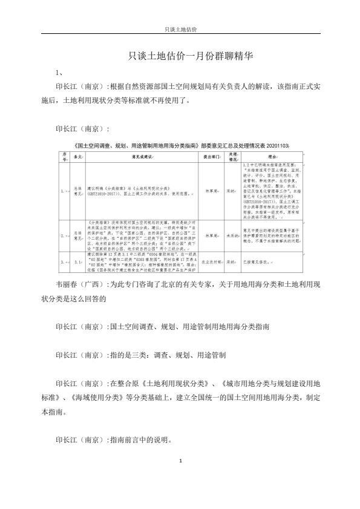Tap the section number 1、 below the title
(x=59, y=73)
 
